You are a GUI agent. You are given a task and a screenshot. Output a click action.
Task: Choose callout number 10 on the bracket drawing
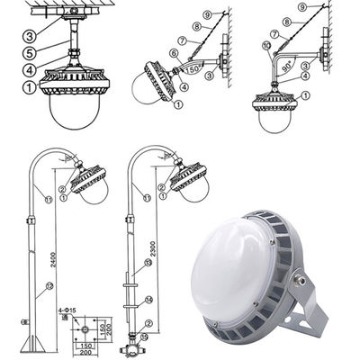266,44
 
